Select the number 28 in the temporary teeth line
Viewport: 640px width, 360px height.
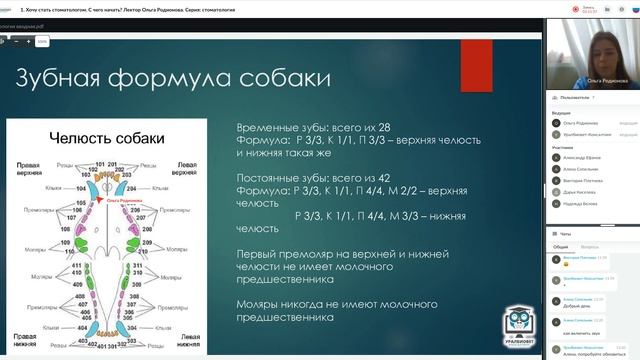[349, 130]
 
